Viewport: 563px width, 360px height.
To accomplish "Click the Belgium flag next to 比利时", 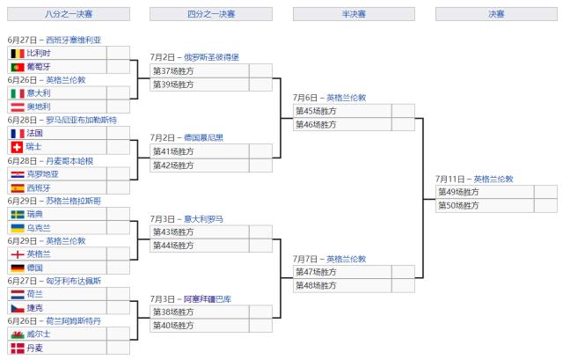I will (16, 53).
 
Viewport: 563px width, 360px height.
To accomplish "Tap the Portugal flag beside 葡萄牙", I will (16, 67).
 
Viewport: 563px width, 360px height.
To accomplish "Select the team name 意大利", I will (39, 93).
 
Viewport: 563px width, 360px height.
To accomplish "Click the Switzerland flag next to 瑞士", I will (16, 147).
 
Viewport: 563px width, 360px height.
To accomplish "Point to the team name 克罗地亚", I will (43, 174).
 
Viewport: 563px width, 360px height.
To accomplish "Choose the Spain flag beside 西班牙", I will (16, 187).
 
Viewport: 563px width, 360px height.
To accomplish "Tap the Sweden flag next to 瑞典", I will (16, 214).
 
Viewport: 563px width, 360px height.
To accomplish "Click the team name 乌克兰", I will (39, 228).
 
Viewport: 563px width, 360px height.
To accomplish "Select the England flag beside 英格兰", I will (16, 254).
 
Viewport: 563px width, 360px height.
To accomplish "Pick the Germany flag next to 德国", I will (16, 268).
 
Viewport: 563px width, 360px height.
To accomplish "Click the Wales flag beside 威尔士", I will (16, 334).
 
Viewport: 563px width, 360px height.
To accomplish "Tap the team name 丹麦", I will (34, 349).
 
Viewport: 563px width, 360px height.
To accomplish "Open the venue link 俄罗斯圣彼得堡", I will (210, 57).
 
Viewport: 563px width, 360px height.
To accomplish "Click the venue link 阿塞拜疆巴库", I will (208, 299).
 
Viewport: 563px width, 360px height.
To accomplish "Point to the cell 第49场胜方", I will (458, 192).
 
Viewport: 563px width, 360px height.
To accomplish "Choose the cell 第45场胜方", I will (316, 111).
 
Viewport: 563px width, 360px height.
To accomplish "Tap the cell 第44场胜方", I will (173, 246).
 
